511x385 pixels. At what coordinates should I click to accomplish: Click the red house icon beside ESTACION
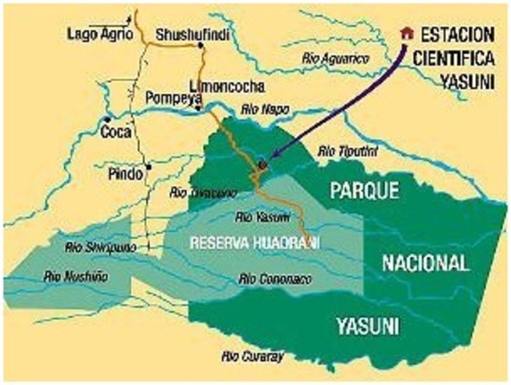click(x=407, y=33)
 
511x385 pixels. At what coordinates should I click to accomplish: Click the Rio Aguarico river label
click(x=335, y=58)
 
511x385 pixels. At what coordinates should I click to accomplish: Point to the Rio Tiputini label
click(x=347, y=150)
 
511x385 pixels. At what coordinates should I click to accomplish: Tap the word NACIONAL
click(x=425, y=262)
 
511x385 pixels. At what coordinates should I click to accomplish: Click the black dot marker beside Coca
click(x=106, y=122)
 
